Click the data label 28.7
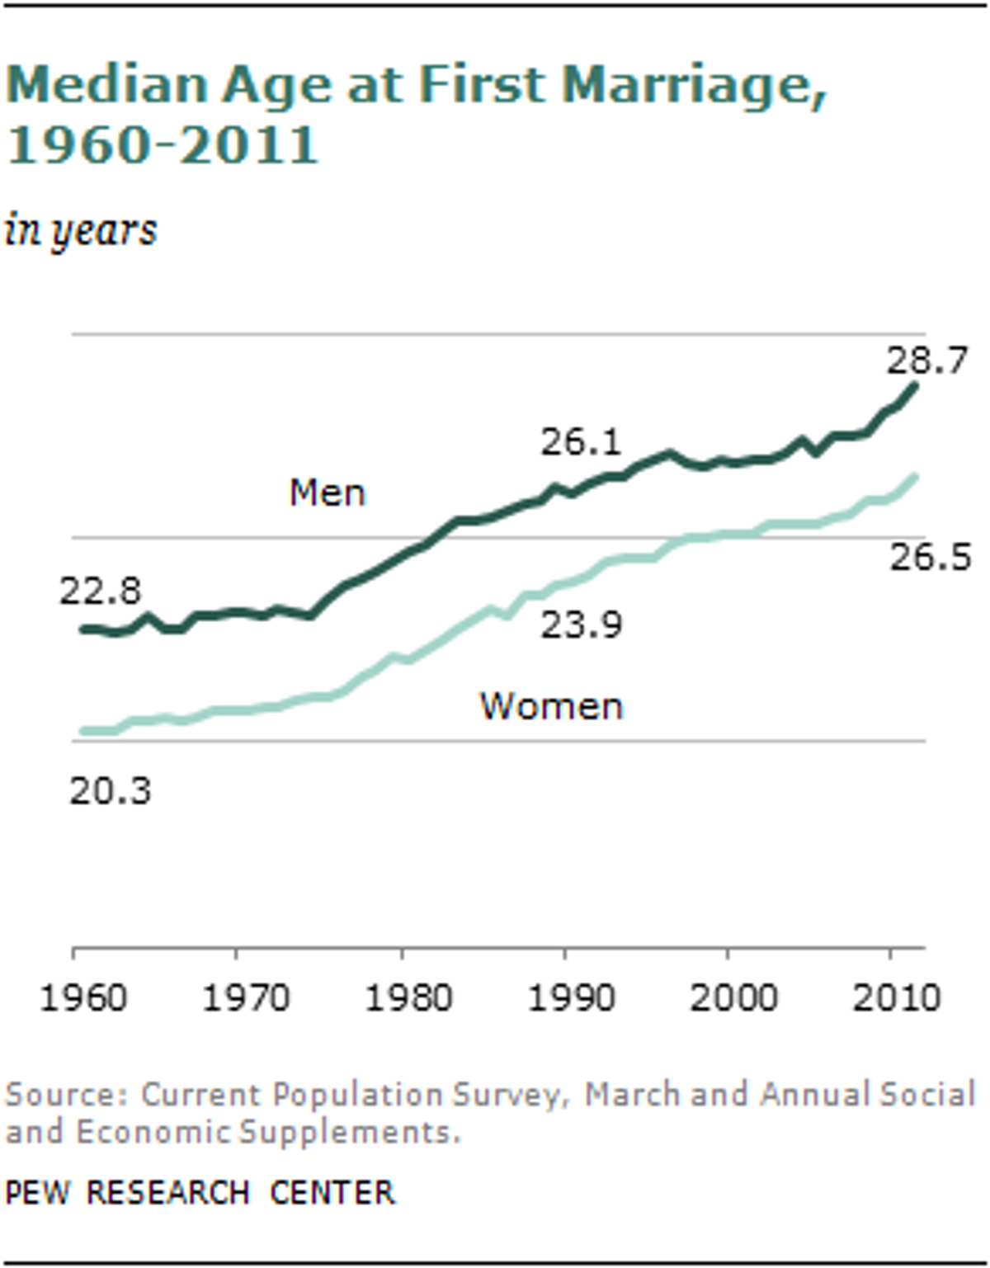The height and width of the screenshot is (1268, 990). click(927, 360)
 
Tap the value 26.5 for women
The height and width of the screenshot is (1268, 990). click(931, 557)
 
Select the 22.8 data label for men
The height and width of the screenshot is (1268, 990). click(101, 591)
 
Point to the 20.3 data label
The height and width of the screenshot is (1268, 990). click(111, 791)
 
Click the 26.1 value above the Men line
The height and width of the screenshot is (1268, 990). click(581, 441)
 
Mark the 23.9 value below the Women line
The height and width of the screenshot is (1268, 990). click(582, 625)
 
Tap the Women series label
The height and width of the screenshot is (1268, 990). click(552, 706)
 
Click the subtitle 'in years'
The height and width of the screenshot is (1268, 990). click(81, 230)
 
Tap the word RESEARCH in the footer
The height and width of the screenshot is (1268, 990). click(168, 1192)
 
